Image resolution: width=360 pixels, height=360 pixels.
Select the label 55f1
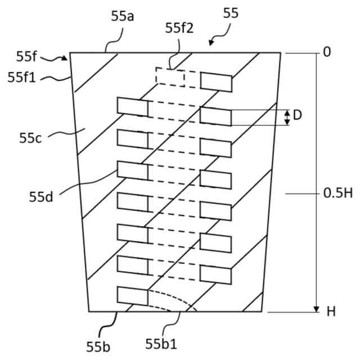[21, 78]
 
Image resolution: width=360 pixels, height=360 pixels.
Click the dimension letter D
[298, 115]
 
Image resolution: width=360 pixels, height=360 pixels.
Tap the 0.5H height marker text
[337, 194]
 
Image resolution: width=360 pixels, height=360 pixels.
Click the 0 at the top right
[327, 52]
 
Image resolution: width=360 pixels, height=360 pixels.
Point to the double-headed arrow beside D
[287, 117]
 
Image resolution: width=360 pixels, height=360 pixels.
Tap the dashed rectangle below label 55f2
[170, 76]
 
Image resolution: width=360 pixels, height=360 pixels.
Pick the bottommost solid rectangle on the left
[132, 296]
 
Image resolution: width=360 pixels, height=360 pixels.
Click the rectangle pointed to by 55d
[132, 170]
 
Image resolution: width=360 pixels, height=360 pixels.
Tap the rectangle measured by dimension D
[215, 117]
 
